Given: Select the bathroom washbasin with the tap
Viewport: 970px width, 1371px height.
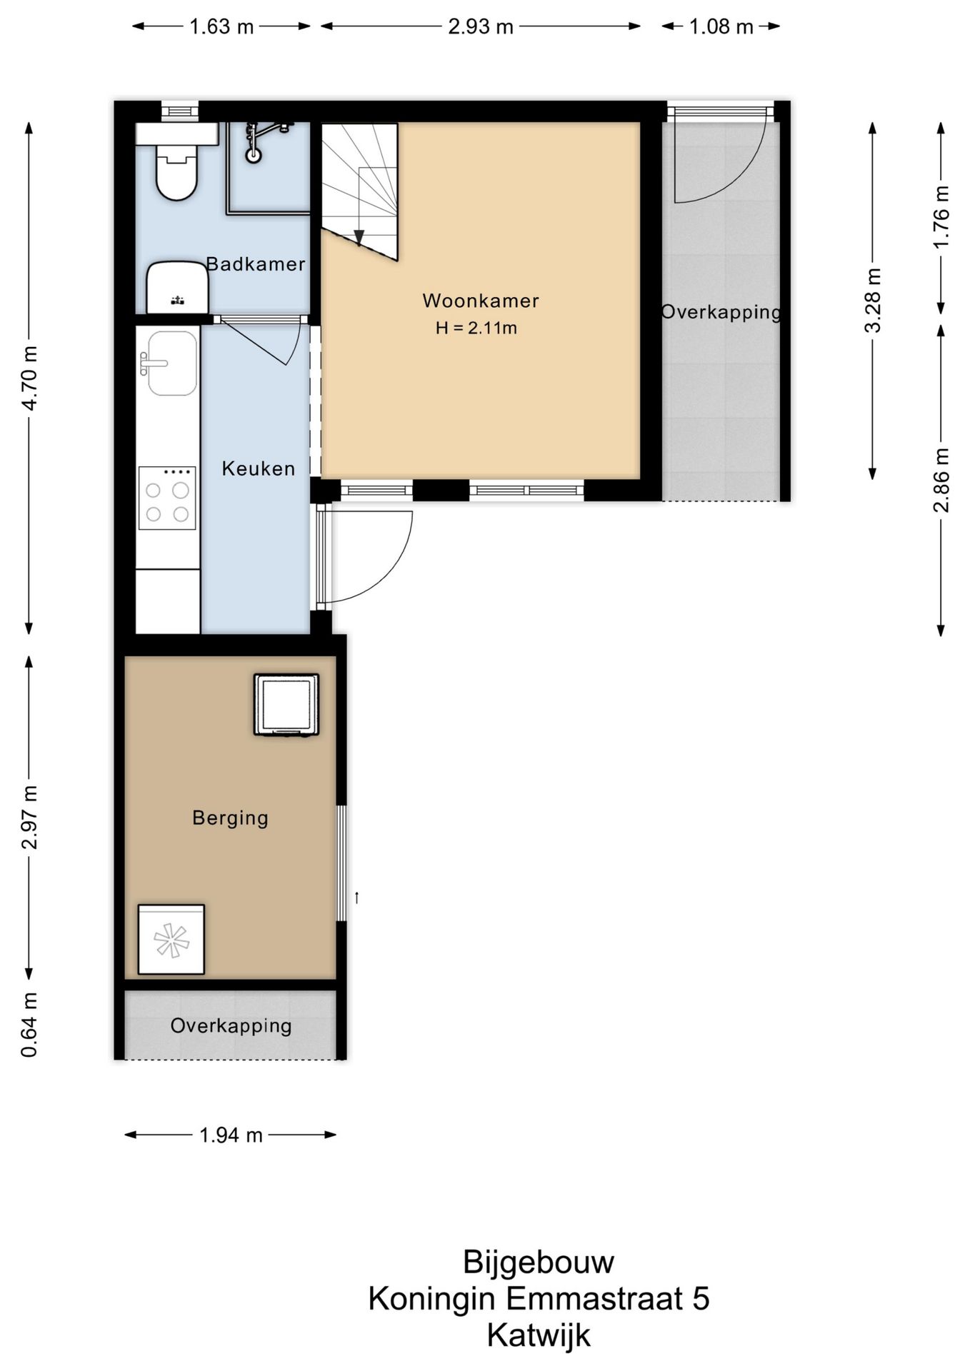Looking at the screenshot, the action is click(177, 287).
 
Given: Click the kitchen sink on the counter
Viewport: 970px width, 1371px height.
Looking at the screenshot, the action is click(171, 363).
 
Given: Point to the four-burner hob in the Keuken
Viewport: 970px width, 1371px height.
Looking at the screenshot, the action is click(167, 498).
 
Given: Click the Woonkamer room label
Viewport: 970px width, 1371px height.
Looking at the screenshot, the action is click(481, 301).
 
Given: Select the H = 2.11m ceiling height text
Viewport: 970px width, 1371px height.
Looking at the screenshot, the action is click(476, 328).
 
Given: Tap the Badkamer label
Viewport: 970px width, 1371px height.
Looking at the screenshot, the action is click(256, 264).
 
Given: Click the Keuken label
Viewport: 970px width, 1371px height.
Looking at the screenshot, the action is click(259, 468).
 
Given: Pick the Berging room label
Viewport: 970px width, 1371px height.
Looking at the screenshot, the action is click(231, 818).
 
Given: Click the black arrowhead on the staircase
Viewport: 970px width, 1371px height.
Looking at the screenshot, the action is click(359, 238).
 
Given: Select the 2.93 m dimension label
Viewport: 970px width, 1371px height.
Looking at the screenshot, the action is click(481, 26).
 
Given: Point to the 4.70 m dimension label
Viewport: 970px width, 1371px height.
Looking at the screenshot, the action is click(30, 378).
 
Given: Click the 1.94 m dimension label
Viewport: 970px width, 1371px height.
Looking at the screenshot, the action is click(231, 1135).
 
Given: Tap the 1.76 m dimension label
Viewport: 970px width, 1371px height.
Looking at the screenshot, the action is click(941, 217).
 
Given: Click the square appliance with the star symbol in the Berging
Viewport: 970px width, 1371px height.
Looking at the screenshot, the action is click(171, 940).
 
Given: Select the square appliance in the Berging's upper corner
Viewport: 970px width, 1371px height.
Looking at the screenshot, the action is click(286, 704).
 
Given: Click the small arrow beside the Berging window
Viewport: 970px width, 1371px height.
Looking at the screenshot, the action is click(356, 898).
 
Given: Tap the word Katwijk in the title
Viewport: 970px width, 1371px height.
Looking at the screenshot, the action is click(539, 1336).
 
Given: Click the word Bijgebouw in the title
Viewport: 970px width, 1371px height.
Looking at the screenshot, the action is click(539, 1262).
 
